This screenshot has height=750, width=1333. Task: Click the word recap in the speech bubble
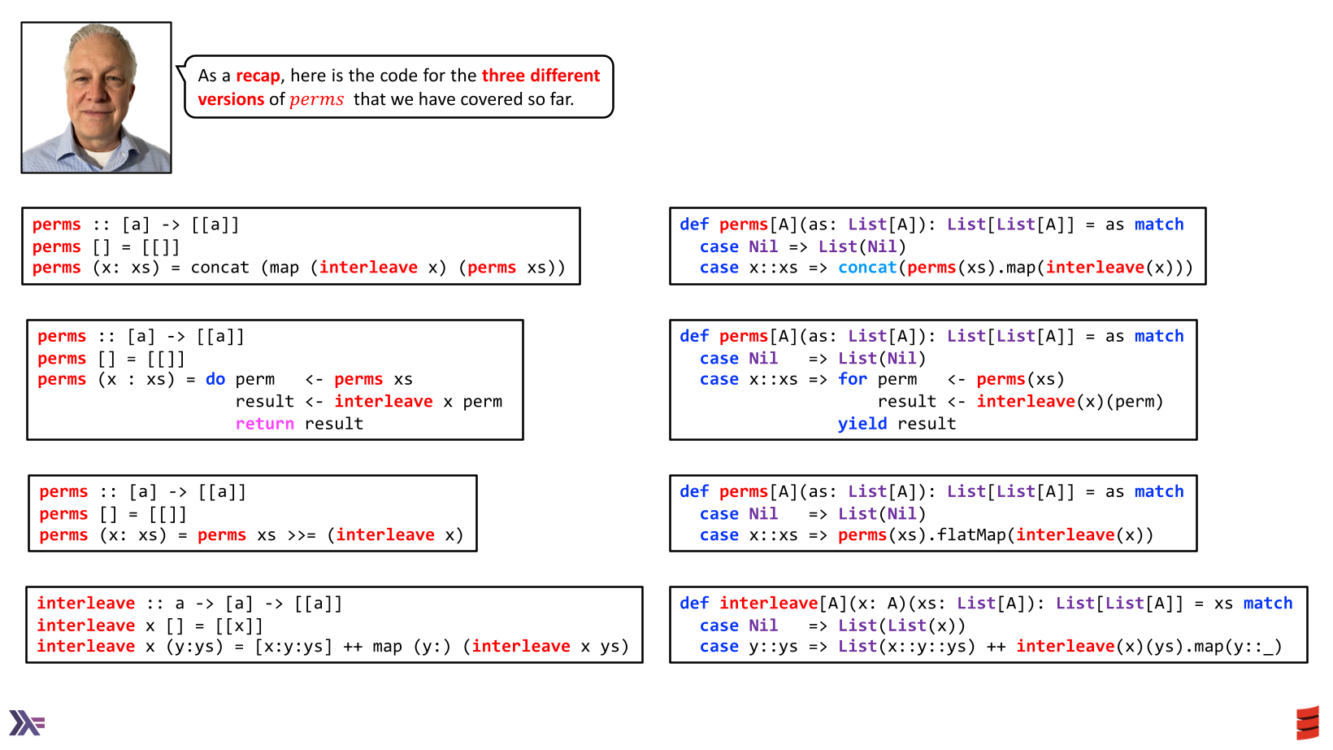click(258, 76)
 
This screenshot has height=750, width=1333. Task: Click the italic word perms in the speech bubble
click(316, 99)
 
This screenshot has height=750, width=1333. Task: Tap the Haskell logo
click(27, 722)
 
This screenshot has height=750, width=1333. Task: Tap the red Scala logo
click(1307, 722)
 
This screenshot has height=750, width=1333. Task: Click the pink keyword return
click(264, 424)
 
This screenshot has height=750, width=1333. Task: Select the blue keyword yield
click(862, 424)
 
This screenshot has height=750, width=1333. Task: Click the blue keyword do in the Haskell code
click(215, 379)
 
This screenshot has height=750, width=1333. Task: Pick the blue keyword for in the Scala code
click(852, 379)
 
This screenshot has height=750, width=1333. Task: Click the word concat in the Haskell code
click(219, 268)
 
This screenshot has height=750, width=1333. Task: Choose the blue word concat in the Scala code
click(866, 268)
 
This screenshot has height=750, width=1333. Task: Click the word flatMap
click(972, 535)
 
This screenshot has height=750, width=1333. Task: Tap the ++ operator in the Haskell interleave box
click(353, 647)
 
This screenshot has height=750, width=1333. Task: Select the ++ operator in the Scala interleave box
click(996, 647)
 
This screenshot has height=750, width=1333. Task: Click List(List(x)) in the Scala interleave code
click(901, 626)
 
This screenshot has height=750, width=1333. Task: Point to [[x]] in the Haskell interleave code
click(239, 626)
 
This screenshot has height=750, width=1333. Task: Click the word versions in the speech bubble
click(231, 99)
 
